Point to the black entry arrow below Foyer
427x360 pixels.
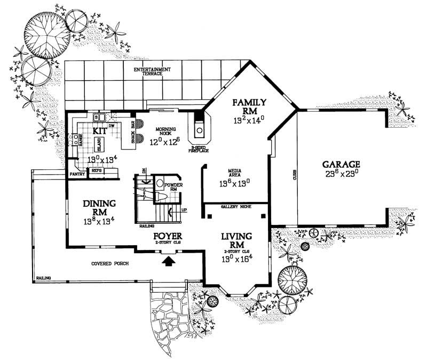pos(169,260)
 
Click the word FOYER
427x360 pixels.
pos(169,236)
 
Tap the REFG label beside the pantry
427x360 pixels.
pos(97,170)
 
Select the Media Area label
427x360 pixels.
pos(235,173)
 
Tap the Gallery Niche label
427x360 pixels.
pos(235,206)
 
